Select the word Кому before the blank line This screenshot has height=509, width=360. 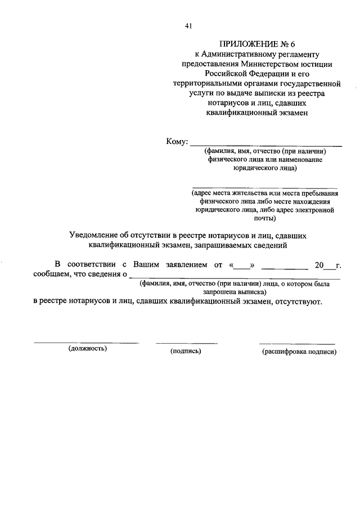[175, 142]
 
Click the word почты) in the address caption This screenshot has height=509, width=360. [265, 218]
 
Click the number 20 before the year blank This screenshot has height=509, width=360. [319, 264]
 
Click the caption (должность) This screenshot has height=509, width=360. [88, 349]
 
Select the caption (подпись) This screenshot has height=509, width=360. [186, 352]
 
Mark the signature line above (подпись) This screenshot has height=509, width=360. [186, 343]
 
